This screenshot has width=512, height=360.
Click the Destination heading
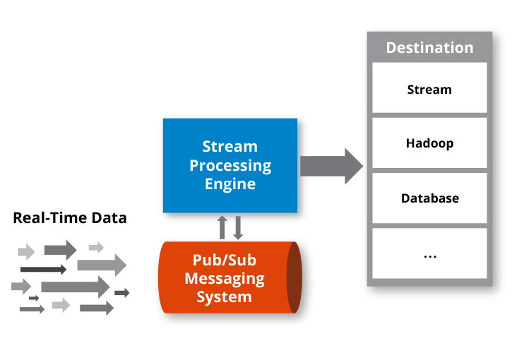point(429,48)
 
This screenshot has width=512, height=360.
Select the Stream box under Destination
point(429,90)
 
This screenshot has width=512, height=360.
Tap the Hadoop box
point(429,143)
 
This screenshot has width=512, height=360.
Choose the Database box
point(429,198)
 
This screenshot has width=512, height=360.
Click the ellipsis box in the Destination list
point(429,253)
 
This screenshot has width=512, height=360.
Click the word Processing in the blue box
point(230,165)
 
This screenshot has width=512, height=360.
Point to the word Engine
point(230,184)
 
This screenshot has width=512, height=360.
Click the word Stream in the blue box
point(230,147)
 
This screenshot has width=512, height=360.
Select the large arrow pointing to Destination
point(331,166)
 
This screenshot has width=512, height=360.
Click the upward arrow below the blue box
point(222,227)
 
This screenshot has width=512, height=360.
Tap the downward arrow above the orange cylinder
point(238,227)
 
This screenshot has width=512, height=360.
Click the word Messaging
point(225,278)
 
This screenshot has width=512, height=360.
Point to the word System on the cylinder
point(224,296)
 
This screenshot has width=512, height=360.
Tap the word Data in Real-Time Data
point(109,217)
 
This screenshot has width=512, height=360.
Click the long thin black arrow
point(43,269)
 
